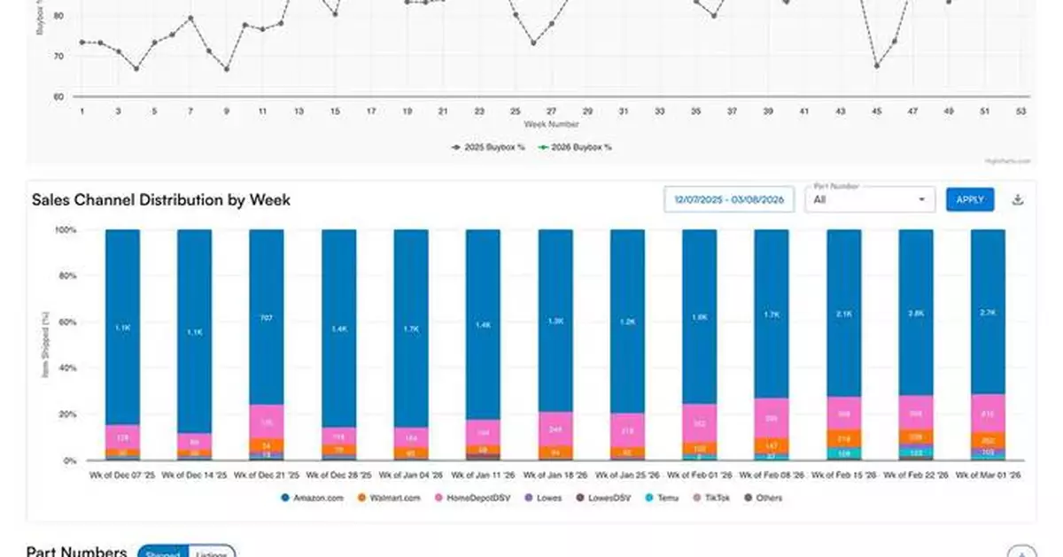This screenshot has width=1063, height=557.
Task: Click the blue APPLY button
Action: point(970,199)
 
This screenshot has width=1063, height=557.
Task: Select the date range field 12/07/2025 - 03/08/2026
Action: point(729,199)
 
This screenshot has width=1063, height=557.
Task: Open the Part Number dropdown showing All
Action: point(869,199)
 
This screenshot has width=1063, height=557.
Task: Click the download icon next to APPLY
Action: point(1018,199)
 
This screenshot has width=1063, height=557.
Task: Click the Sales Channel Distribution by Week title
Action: point(161,200)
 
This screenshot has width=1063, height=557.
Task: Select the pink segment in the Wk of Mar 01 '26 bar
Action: point(988,413)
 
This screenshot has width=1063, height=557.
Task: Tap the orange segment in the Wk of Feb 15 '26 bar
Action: point(843,437)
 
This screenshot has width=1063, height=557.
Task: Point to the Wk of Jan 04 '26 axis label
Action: point(411,476)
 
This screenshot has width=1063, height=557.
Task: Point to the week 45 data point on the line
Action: point(876,66)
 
